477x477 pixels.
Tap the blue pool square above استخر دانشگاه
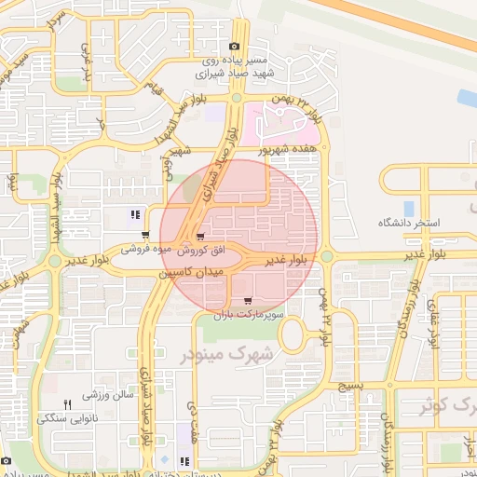tap(409, 207)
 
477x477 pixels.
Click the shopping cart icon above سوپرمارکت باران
tap(247, 301)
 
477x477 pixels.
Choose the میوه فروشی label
tap(147, 249)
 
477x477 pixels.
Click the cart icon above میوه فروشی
tap(145, 235)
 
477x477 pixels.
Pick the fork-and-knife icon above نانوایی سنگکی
tap(67, 404)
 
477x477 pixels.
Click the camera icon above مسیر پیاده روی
tap(234, 46)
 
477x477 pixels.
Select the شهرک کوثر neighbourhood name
tap(443, 406)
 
